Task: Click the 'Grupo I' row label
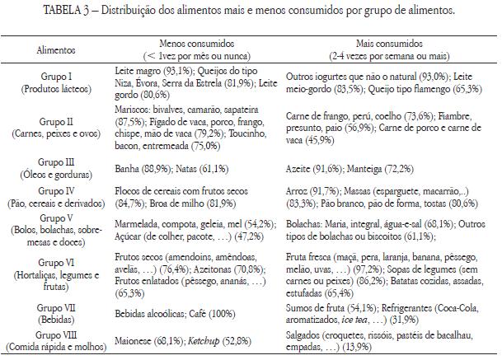point(56,75)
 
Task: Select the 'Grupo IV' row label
point(56,189)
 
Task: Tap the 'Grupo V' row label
point(56,217)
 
